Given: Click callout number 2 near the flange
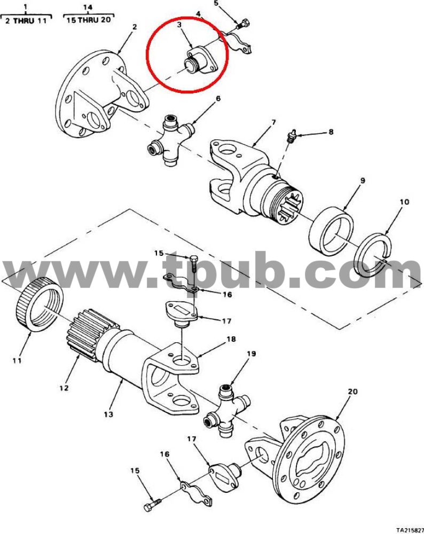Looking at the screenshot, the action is click(135, 27).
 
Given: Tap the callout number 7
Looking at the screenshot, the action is click(274, 122).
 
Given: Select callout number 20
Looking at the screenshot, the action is click(352, 391).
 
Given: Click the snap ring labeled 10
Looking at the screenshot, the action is click(373, 254).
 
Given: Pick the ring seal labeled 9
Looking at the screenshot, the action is click(331, 231).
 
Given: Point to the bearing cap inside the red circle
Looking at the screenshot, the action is click(200, 61).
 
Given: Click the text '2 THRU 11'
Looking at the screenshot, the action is click(26, 21).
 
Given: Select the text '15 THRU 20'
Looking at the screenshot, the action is click(89, 20).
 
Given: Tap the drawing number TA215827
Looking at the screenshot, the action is click(410, 530).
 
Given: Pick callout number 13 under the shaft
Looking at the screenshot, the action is click(108, 414).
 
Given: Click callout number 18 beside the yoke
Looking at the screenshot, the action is click(231, 339).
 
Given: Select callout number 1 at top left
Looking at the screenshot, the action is click(26, 7).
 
